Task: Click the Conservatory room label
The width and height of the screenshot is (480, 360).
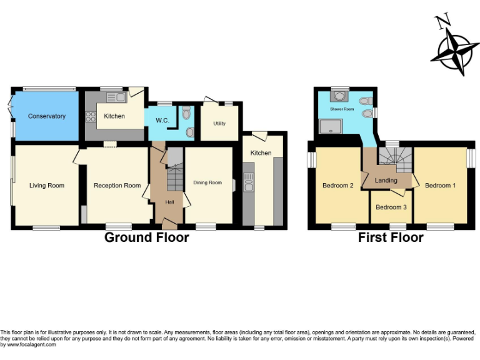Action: [47, 116]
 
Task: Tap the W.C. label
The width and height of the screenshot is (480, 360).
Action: [162, 120]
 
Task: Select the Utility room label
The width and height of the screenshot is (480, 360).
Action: [219, 123]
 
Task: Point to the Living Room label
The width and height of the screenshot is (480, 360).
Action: [47, 185]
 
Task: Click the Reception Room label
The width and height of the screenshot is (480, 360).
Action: [117, 185]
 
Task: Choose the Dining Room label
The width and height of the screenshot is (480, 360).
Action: [207, 182]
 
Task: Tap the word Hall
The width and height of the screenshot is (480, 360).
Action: [169, 202]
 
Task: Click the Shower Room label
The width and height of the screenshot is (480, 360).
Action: [342, 109]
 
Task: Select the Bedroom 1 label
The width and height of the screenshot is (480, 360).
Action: [440, 185]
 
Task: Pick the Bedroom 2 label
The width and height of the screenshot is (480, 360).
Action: [338, 185]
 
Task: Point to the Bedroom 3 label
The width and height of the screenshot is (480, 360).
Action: [391, 207]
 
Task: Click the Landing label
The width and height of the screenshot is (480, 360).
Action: [386, 181]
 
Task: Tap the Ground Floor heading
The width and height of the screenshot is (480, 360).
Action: [146, 237]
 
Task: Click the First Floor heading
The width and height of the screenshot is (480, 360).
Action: [391, 237]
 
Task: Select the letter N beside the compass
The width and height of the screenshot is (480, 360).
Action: [443, 22]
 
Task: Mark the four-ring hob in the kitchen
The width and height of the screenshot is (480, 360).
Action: [90, 116]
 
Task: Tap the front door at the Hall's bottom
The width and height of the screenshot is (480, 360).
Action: [169, 222]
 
